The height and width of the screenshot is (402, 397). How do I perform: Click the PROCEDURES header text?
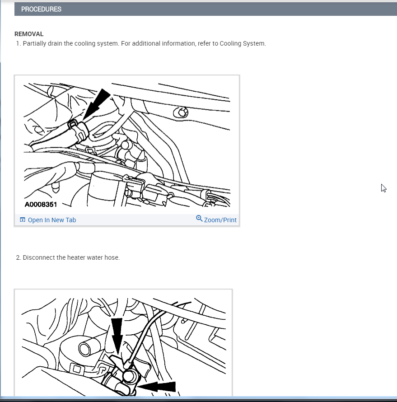click(41, 9)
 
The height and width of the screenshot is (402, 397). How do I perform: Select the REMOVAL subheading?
click(29, 34)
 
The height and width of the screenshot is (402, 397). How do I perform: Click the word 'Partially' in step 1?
click(35, 43)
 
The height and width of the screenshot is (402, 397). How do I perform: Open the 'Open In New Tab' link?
click(52, 220)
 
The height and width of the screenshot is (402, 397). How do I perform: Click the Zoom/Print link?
click(220, 220)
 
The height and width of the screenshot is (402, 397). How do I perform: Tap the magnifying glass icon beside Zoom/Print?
click(199, 219)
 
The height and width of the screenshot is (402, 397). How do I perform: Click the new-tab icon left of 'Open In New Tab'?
click(23, 220)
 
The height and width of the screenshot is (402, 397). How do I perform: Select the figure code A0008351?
click(41, 204)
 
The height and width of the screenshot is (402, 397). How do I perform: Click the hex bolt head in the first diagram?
click(181, 112)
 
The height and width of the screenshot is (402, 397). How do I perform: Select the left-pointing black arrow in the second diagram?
click(157, 387)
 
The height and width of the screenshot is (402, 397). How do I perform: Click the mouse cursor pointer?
click(383, 188)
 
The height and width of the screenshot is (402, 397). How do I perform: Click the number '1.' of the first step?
click(18, 43)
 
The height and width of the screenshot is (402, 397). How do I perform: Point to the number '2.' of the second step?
click(18, 257)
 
